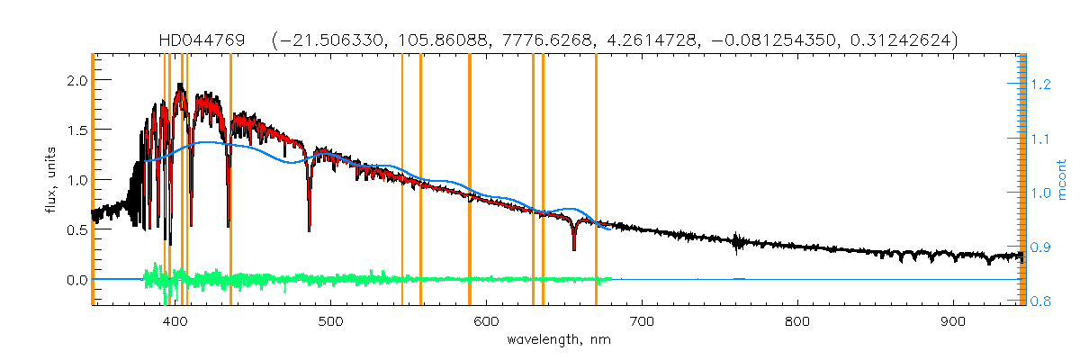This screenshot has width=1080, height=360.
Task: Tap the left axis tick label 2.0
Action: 77,80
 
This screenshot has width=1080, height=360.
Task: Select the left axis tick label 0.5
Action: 77,229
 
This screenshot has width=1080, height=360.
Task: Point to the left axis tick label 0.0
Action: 77,280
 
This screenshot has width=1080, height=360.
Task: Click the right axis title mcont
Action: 1062,181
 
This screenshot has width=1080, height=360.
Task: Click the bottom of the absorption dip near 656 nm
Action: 574,248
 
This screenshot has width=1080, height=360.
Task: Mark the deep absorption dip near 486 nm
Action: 309,229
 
